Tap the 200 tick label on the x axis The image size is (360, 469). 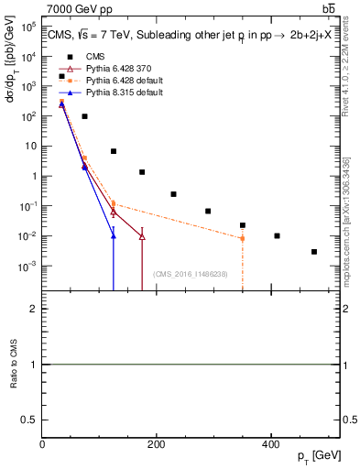point(156,443)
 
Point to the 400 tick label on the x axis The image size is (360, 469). point(270,443)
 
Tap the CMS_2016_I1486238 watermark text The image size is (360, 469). point(191,274)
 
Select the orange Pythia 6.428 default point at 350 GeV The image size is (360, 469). point(243,238)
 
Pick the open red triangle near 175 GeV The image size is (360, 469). point(142,236)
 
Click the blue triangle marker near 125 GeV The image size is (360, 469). point(114,235)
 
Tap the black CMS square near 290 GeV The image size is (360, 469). point(208,211)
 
